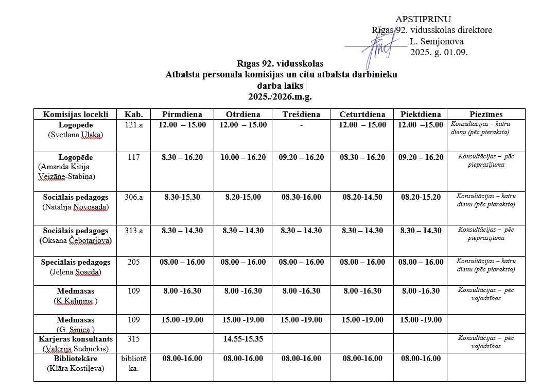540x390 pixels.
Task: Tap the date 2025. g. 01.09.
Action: click(x=439, y=52)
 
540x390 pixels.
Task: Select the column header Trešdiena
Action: click(x=301, y=115)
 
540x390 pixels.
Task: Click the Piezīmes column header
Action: click(x=486, y=115)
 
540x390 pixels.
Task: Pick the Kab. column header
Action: click(x=133, y=115)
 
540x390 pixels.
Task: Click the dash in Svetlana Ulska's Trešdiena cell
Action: click(x=301, y=125)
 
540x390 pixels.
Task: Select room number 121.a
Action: click(x=133, y=125)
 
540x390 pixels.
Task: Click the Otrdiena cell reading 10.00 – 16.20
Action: click(x=243, y=157)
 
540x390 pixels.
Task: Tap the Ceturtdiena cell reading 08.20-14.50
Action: click(x=362, y=197)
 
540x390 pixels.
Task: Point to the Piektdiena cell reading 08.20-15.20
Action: click(x=421, y=197)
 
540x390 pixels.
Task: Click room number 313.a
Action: click(x=133, y=231)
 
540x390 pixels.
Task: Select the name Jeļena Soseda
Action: click(x=75, y=272)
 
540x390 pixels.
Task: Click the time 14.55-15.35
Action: click(x=243, y=339)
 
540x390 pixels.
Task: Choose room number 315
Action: click(x=133, y=339)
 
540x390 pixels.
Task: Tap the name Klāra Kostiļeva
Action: click(x=75, y=368)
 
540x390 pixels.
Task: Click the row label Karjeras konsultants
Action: click(x=75, y=339)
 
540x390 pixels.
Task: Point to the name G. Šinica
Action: click(x=75, y=329)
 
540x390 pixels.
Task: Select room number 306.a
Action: click(x=133, y=197)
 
